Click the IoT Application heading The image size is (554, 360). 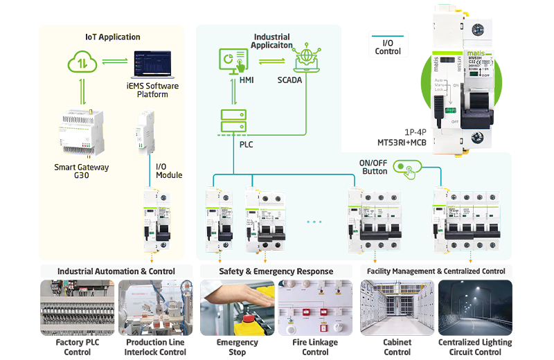(x=112, y=37)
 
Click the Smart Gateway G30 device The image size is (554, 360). (x=81, y=133)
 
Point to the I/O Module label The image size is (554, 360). (x=169, y=171)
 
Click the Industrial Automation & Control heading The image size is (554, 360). (x=116, y=271)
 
